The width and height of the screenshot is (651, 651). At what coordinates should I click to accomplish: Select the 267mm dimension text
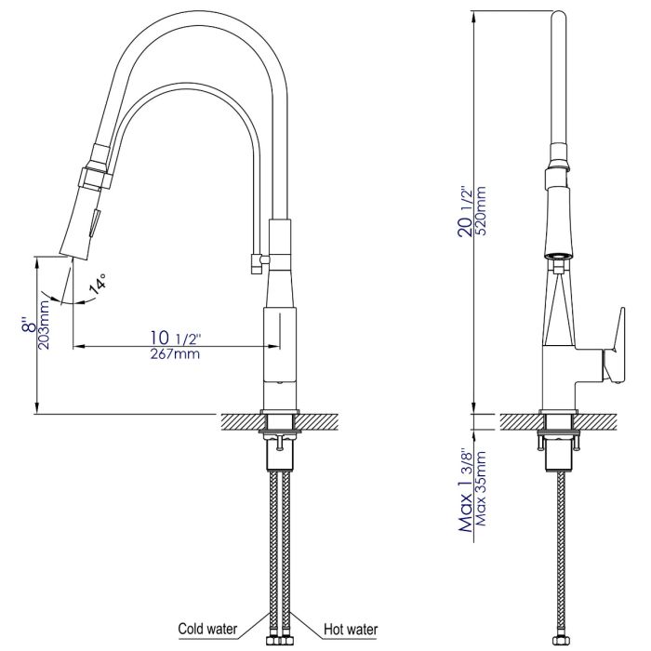[x=173, y=353]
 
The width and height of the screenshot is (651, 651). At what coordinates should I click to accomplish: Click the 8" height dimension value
[x=32, y=325]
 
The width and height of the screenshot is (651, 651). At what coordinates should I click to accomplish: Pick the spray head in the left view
[x=85, y=214]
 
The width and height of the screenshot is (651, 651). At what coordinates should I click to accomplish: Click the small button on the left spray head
[x=92, y=223]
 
